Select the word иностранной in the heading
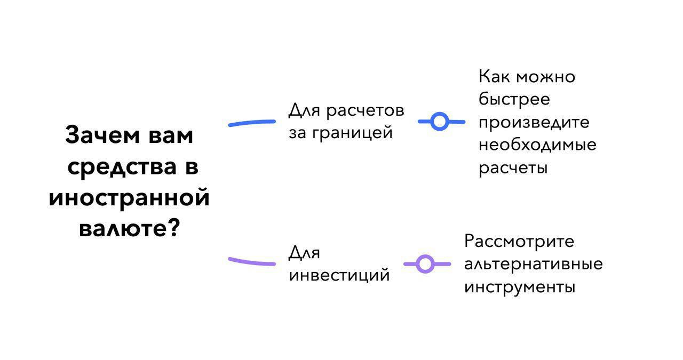pyautogui.click(x=129, y=198)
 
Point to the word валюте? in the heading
pyautogui.click(x=129, y=229)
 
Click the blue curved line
pyautogui.click(x=252, y=123)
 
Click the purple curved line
pyautogui.click(x=252, y=262)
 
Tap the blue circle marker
pyautogui.click(x=439, y=122)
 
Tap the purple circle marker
pyautogui.click(x=425, y=264)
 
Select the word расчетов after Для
pyautogui.click(x=364, y=110)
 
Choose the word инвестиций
pyautogui.click(x=339, y=276)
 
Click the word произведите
pyautogui.click(x=534, y=123)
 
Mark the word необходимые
pyautogui.click(x=537, y=145)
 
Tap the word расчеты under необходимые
pyautogui.click(x=513, y=168)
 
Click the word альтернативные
pyautogui.click(x=533, y=264)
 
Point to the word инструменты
pyautogui.click(x=519, y=287)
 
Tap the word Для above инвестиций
pyautogui.click(x=304, y=253)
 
